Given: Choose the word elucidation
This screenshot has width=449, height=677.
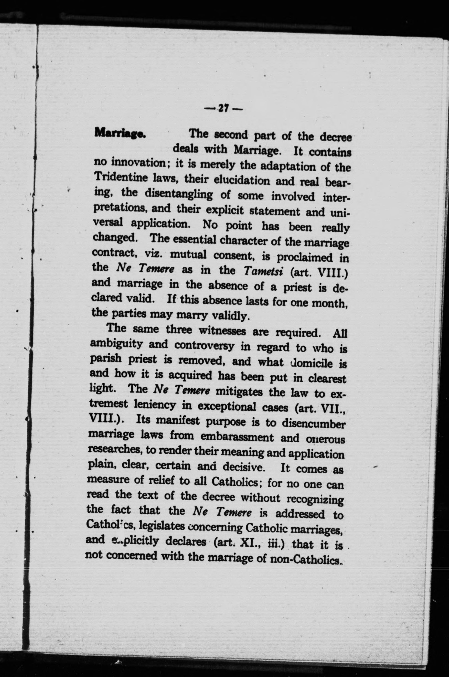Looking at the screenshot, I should (x=242, y=180).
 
